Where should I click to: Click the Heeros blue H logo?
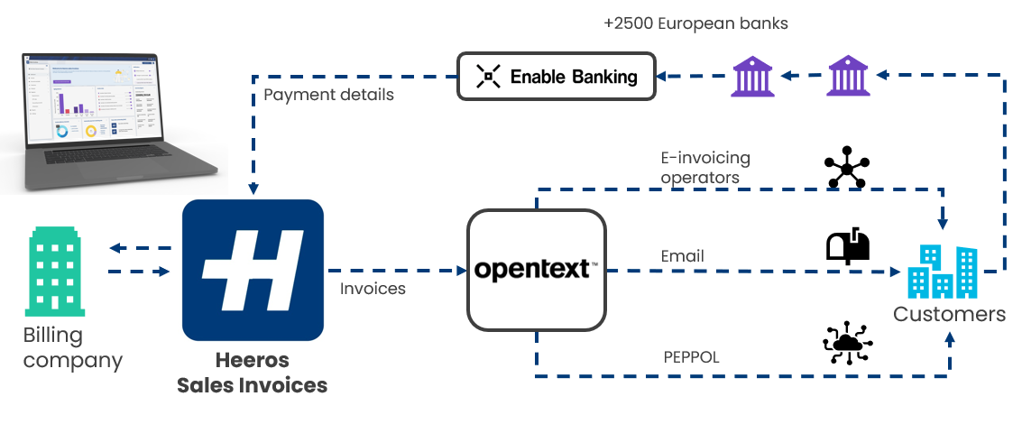(253, 269)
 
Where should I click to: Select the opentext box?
(535, 269)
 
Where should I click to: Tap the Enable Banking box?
(556, 77)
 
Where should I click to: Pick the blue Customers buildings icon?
(943, 271)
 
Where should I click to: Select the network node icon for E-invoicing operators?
(847, 167)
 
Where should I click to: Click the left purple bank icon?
(754, 76)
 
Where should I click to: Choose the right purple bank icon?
(850, 76)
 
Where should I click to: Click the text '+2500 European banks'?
(695, 23)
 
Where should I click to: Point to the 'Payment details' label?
(328, 95)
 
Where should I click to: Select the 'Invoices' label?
(373, 289)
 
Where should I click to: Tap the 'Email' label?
(682, 256)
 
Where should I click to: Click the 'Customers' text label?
(949, 314)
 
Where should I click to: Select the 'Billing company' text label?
(72, 348)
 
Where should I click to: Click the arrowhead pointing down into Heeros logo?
(253, 189)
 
